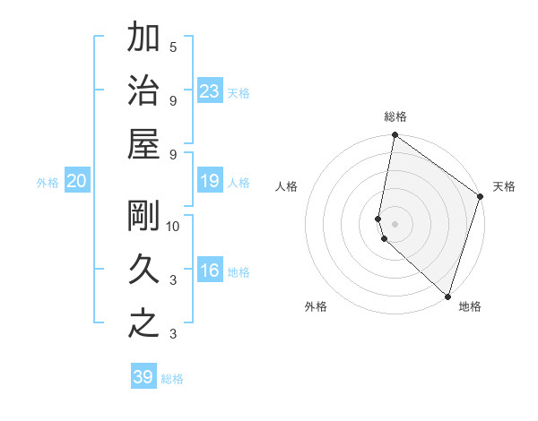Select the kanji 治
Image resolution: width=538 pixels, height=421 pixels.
pos(144,90)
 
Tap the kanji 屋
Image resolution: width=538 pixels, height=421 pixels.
pos(144,143)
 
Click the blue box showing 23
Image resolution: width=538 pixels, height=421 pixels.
pos(210,90)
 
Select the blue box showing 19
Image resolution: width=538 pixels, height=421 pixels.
pos(210,182)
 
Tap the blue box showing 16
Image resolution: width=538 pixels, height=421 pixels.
pos(210,271)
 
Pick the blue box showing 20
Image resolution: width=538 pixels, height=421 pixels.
pos(77,182)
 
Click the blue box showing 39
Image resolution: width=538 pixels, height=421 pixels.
pos(143,377)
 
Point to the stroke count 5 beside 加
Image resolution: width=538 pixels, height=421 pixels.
pos(173,47)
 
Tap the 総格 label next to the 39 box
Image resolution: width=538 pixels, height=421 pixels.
pos(172,379)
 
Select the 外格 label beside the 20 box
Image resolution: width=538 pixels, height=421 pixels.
pos(48,183)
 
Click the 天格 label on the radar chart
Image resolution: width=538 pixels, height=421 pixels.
pos(504,186)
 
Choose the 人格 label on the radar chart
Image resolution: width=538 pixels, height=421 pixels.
pos(287,186)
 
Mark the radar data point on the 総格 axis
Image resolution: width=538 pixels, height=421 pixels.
pos(395,136)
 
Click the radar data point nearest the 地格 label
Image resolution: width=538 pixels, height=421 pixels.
pos(447,296)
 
